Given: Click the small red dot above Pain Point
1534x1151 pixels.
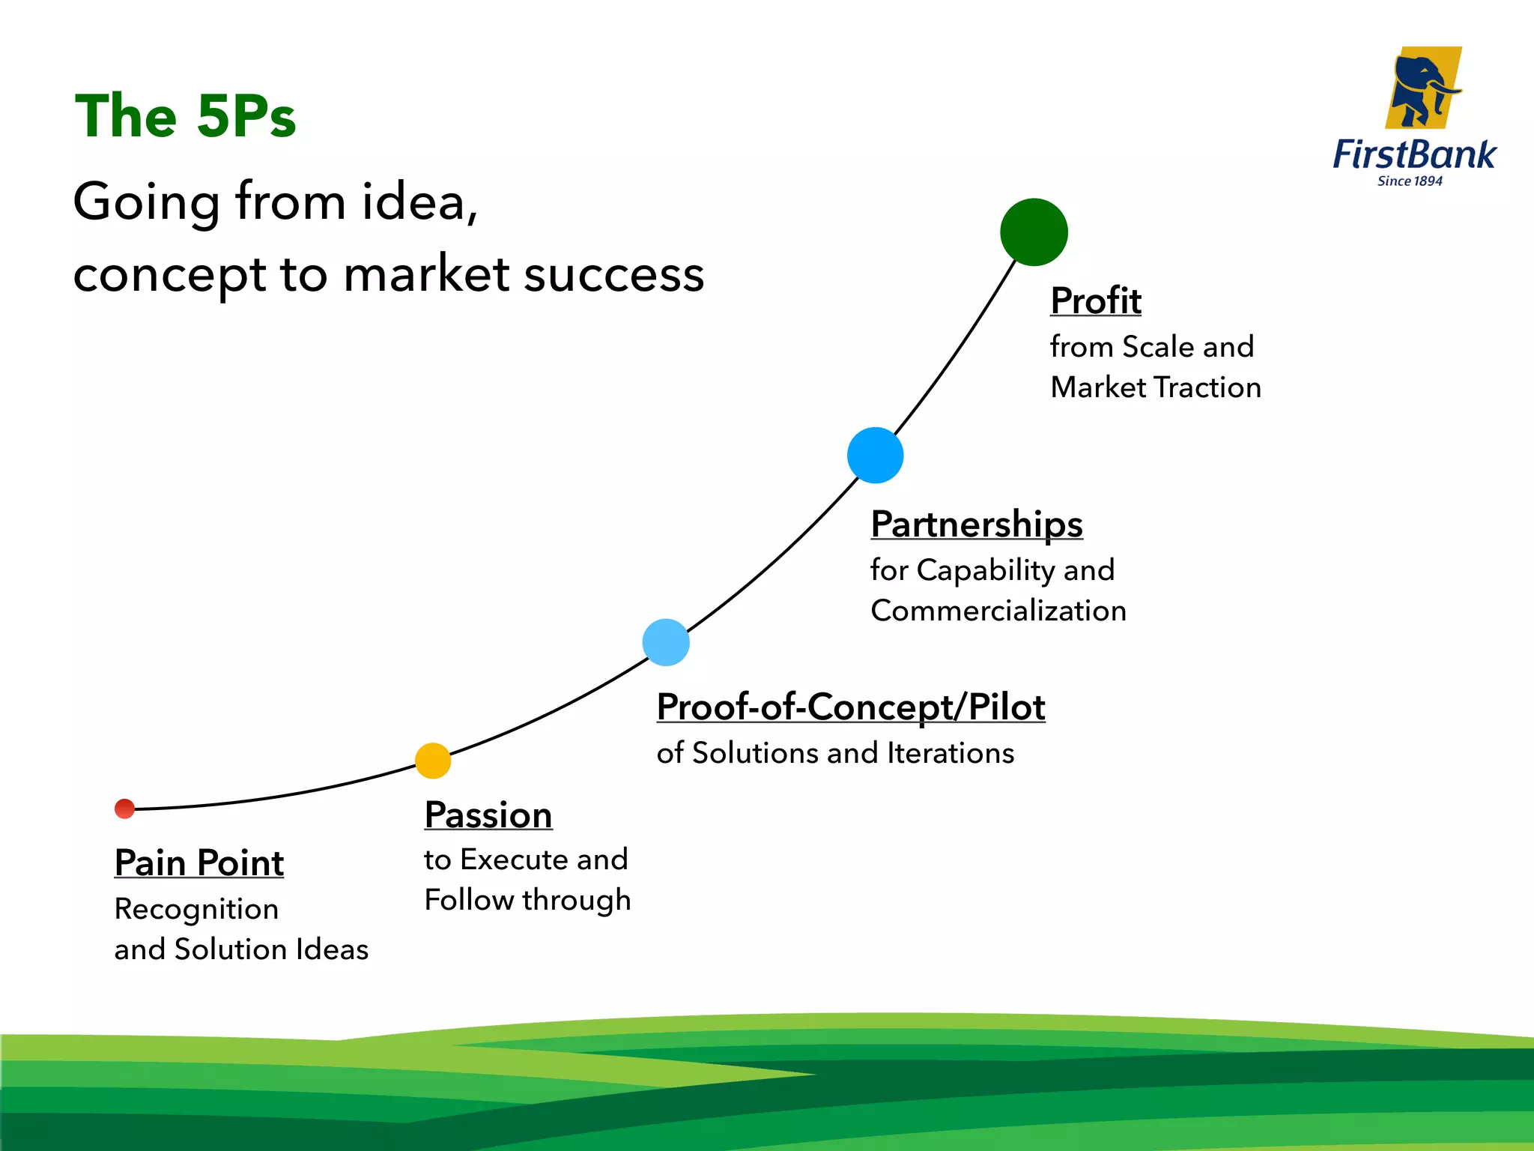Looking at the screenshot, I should [x=124, y=809].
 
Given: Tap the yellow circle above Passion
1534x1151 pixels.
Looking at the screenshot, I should [x=433, y=761].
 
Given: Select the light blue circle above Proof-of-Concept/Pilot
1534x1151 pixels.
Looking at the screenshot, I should [x=666, y=642].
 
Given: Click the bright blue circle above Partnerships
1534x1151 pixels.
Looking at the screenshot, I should [x=875, y=455].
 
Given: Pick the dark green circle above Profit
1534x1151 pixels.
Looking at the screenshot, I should [x=1034, y=232].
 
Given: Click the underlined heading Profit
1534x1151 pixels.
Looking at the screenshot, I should [x=1095, y=300].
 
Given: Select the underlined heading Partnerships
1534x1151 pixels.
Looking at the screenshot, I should [x=976, y=524].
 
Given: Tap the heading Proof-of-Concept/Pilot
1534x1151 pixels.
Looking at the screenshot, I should [x=850, y=707].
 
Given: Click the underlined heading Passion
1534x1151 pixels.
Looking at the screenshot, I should [x=488, y=815].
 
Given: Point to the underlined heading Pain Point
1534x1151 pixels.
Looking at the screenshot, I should [x=198, y=863].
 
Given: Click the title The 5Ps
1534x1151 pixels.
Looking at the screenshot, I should [x=185, y=116].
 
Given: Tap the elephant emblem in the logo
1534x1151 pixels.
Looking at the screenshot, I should [x=1422, y=88].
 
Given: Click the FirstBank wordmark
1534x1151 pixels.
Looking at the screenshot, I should [x=1413, y=155].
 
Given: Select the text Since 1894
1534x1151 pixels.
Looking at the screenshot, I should [x=1410, y=181].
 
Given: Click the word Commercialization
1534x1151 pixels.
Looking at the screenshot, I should [x=998, y=611].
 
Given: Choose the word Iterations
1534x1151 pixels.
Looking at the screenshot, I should [x=950, y=753].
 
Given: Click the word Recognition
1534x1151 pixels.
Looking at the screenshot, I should [x=196, y=909].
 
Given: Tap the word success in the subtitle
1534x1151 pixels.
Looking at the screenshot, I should [x=613, y=274].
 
